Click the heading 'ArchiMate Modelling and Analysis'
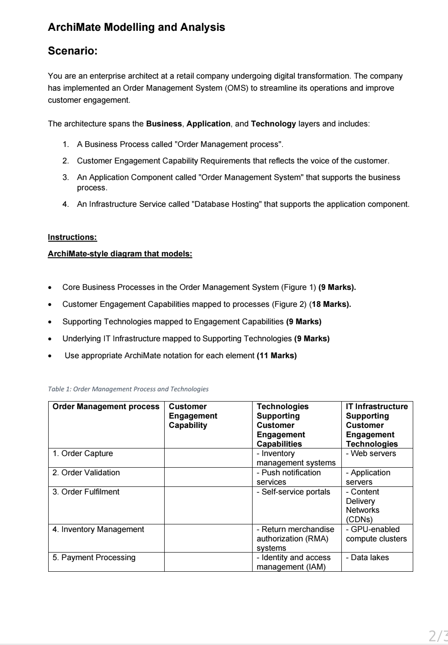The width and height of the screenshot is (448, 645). coord(136,27)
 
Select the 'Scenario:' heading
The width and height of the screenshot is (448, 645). coord(72,51)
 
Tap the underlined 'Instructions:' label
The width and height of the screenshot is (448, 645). coord(72,237)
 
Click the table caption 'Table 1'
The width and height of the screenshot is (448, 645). coord(128,389)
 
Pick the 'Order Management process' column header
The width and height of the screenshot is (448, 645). coord(106,406)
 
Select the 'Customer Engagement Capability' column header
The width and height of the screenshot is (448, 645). coord(193,416)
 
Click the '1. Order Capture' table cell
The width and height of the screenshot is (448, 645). coord(83,453)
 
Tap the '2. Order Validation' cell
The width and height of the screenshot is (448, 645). coord(86,473)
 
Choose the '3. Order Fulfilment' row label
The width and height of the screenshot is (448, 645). coord(86,492)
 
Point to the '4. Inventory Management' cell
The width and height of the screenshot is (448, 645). coord(98,529)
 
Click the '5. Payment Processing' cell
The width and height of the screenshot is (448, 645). coord(94,557)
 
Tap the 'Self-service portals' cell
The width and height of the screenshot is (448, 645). coord(294,492)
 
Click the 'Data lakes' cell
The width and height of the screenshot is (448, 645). coord(367,557)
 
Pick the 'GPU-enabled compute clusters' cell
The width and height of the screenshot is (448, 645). coord(376,534)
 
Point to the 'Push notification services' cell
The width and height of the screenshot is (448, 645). coord(289,477)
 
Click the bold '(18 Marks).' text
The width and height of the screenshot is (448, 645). coord(331,304)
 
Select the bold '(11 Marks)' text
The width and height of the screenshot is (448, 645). coord(277,356)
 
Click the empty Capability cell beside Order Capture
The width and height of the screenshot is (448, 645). coord(208,458)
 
